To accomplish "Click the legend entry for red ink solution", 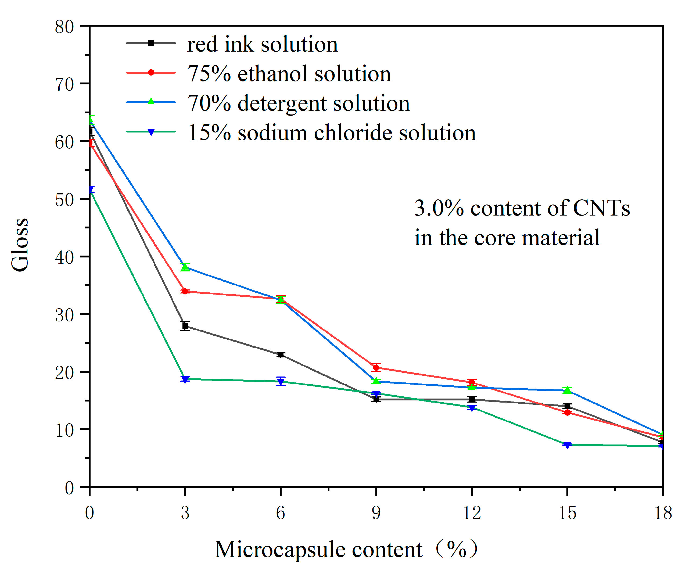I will click(x=262, y=44).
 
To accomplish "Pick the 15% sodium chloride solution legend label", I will click(x=332, y=133).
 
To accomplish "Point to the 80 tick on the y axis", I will click(x=64, y=27).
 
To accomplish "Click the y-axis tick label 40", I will click(x=64, y=257).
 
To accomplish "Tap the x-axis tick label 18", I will click(x=662, y=512).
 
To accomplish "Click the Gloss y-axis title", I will click(x=20, y=245).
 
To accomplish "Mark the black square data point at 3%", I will click(x=185, y=326).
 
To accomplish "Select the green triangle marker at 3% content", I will click(x=185, y=267).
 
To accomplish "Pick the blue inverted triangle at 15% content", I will click(x=567, y=445).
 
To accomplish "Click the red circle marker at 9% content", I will click(x=376, y=367).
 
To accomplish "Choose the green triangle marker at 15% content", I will click(x=567, y=390).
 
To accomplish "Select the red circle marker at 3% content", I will click(x=185, y=291).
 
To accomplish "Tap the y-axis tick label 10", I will click(x=64, y=430).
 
